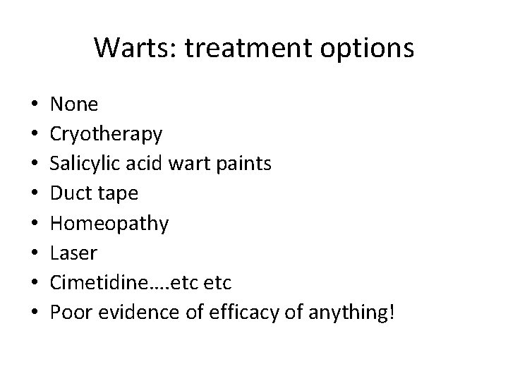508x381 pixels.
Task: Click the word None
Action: tap(75, 105)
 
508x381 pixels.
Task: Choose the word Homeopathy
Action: tap(109, 224)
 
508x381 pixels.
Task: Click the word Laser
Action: tap(74, 253)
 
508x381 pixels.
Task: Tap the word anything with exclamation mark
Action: tap(356, 312)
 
